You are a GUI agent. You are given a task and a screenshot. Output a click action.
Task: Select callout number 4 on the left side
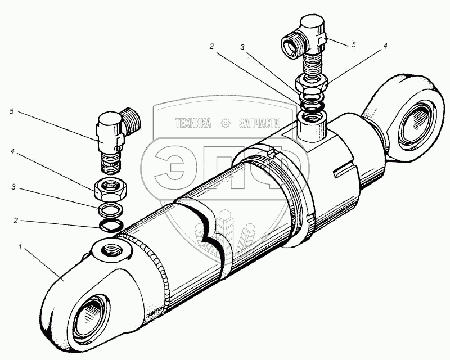click(x=12, y=151)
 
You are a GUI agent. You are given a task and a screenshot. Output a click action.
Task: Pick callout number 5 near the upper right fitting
click(x=354, y=44)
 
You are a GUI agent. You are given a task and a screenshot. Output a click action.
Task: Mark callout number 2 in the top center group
click(x=211, y=47)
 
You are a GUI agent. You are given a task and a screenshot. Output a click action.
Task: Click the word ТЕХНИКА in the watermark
click(x=193, y=123)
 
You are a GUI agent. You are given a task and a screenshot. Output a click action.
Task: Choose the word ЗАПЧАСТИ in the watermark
click(x=259, y=123)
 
